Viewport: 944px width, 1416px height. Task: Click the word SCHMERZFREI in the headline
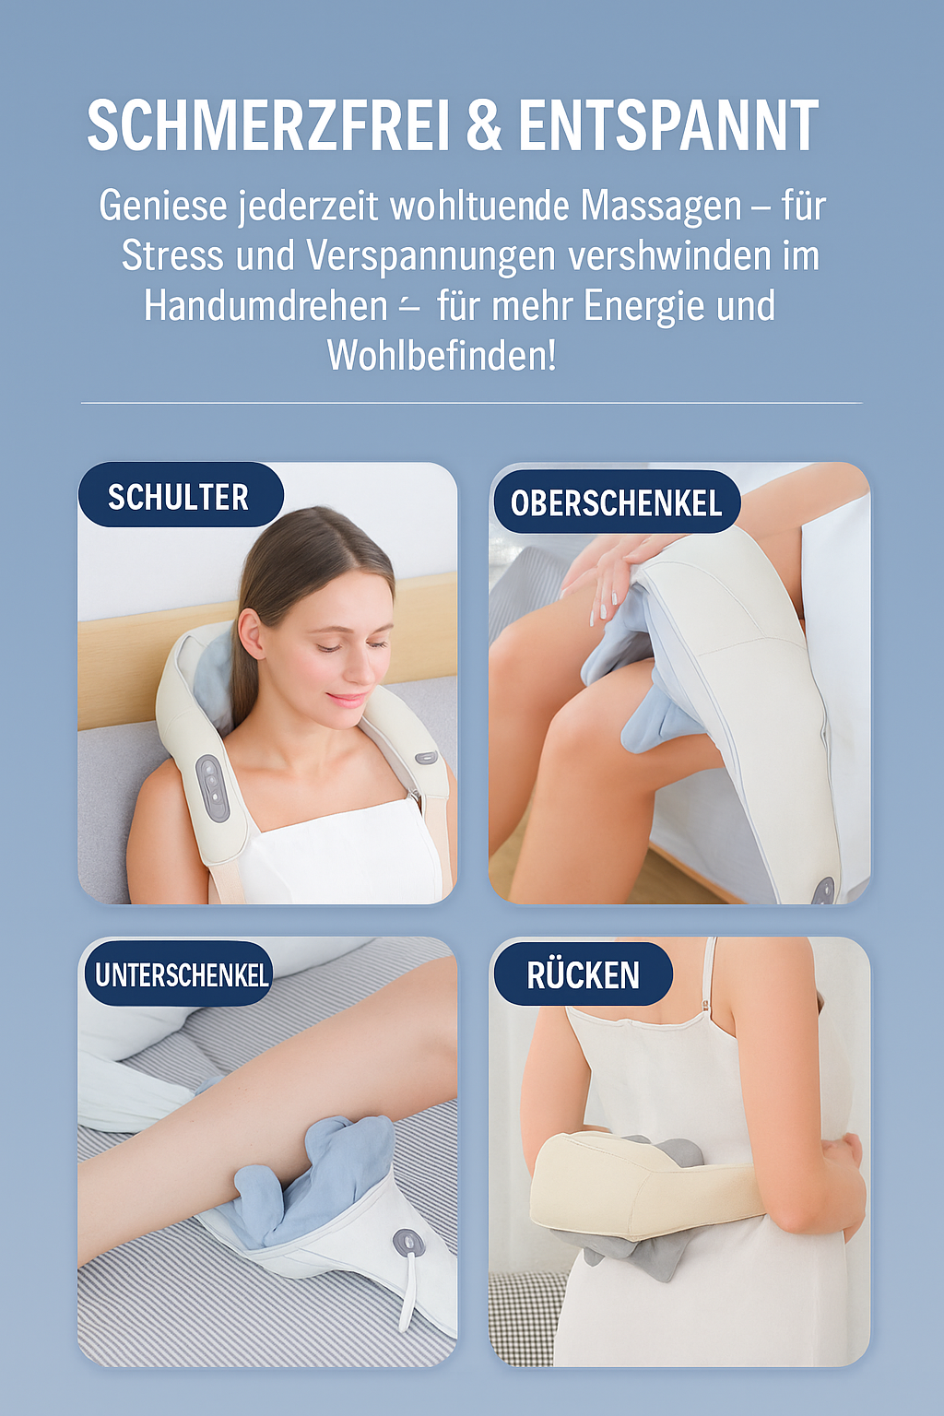click(268, 126)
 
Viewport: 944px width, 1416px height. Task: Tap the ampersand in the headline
click(483, 126)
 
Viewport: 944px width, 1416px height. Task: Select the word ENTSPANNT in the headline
click(668, 126)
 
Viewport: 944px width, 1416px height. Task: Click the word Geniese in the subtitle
click(162, 206)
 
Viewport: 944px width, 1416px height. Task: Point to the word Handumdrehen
click(265, 306)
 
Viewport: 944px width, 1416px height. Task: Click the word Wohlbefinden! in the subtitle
click(442, 356)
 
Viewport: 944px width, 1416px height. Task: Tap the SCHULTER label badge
click(179, 497)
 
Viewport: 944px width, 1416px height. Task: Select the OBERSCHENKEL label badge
click(616, 503)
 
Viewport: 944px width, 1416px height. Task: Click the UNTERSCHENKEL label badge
click(181, 974)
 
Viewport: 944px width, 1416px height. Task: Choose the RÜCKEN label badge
click(583, 974)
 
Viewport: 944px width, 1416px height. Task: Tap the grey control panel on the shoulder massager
click(213, 788)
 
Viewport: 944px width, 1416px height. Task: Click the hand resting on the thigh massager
click(608, 572)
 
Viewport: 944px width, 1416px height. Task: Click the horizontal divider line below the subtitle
click(471, 403)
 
